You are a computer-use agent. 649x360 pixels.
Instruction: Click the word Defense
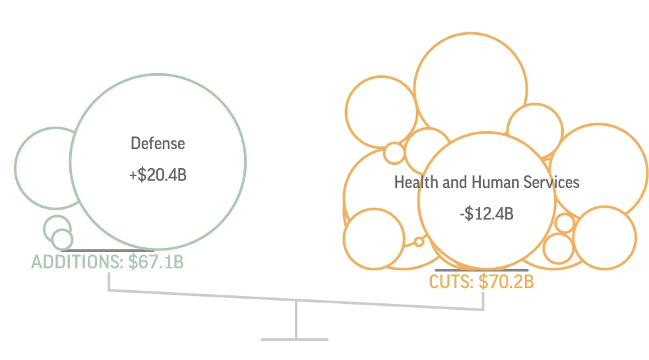click(x=158, y=143)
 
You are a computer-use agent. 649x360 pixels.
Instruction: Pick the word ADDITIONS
click(x=73, y=262)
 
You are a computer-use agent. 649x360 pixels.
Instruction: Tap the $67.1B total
click(x=156, y=262)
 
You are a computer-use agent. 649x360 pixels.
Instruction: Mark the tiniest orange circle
click(x=418, y=241)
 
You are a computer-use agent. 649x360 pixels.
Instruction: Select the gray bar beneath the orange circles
click(x=481, y=270)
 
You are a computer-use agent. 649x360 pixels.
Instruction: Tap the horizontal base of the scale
click(x=295, y=340)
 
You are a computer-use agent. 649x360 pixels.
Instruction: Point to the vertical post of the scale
click(x=295, y=320)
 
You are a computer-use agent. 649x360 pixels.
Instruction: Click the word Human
click(x=485, y=182)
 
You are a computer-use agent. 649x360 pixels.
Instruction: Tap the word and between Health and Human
click(x=450, y=182)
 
